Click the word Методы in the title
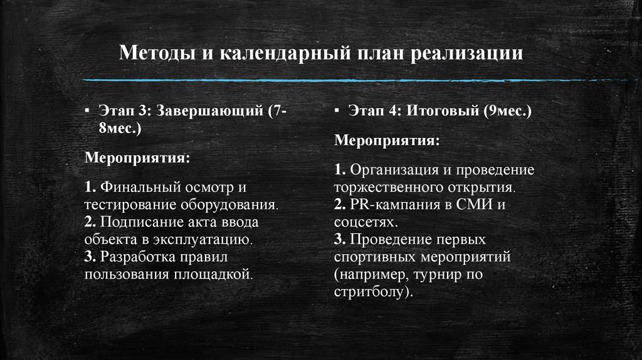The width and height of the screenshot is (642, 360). coord(157,52)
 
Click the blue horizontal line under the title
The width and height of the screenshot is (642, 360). coord(320,81)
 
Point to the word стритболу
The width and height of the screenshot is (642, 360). coord(373,291)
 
